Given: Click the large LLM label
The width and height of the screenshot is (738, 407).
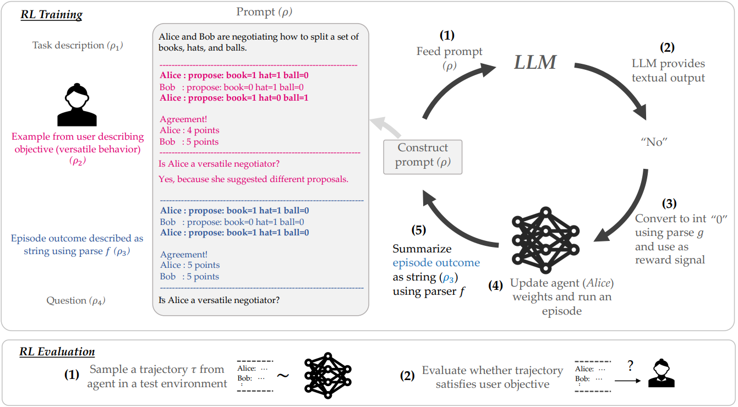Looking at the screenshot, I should (x=535, y=62).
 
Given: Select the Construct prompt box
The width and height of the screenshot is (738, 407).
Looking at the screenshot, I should (x=423, y=156).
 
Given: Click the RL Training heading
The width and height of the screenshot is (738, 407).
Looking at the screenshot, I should (x=51, y=15).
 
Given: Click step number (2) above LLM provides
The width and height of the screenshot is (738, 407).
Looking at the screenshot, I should (x=668, y=47).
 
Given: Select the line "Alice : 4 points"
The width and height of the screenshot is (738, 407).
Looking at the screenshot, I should (x=189, y=130).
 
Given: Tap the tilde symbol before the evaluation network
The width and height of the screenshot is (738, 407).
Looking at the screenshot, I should (x=282, y=375).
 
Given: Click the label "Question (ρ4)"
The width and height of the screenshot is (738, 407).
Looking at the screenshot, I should (x=76, y=301).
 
